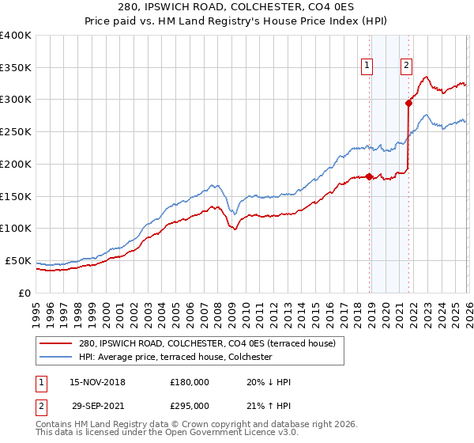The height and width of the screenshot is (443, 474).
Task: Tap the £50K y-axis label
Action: tap(18, 260)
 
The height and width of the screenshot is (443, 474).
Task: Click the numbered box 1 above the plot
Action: tap(368, 66)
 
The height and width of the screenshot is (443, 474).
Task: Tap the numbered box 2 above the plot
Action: tap(406, 66)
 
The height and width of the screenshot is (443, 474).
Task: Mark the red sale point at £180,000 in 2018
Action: tap(369, 176)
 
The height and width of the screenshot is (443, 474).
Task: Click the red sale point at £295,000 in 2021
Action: tap(409, 102)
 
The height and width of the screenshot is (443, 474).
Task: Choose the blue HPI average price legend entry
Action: tap(175, 358)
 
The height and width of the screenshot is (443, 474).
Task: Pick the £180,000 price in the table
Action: tap(190, 382)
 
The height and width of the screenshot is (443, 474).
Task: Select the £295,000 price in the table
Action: tap(190, 405)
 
